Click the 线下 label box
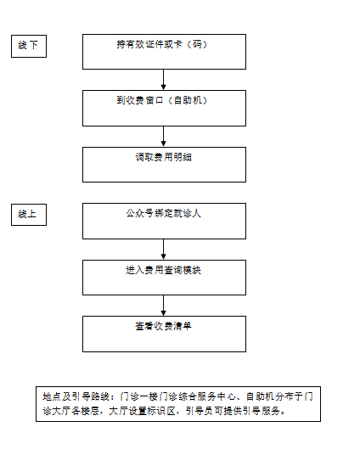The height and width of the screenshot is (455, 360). pos(29,46)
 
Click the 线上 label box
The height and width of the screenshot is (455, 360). pos(29,215)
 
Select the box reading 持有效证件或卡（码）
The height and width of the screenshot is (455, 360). pos(164,52)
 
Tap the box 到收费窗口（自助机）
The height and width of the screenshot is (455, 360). pos(164,108)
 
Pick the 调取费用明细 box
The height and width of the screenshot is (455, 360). pos(164,165)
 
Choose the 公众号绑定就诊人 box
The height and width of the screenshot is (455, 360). pos(164,221)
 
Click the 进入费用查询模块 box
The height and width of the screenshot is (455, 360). pos(164,278)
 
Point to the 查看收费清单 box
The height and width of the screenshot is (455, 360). pos(164,334)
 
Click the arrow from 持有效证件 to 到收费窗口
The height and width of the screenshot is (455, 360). pos(164,80)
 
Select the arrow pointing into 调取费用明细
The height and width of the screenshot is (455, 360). pos(164,137)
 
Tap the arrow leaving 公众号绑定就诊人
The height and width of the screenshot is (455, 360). pos(164,250)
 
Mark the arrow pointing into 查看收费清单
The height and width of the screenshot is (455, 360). pos(164,306)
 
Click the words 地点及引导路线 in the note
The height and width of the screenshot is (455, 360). pos(76,396)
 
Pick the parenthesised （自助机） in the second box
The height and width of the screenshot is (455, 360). pos(188,100)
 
